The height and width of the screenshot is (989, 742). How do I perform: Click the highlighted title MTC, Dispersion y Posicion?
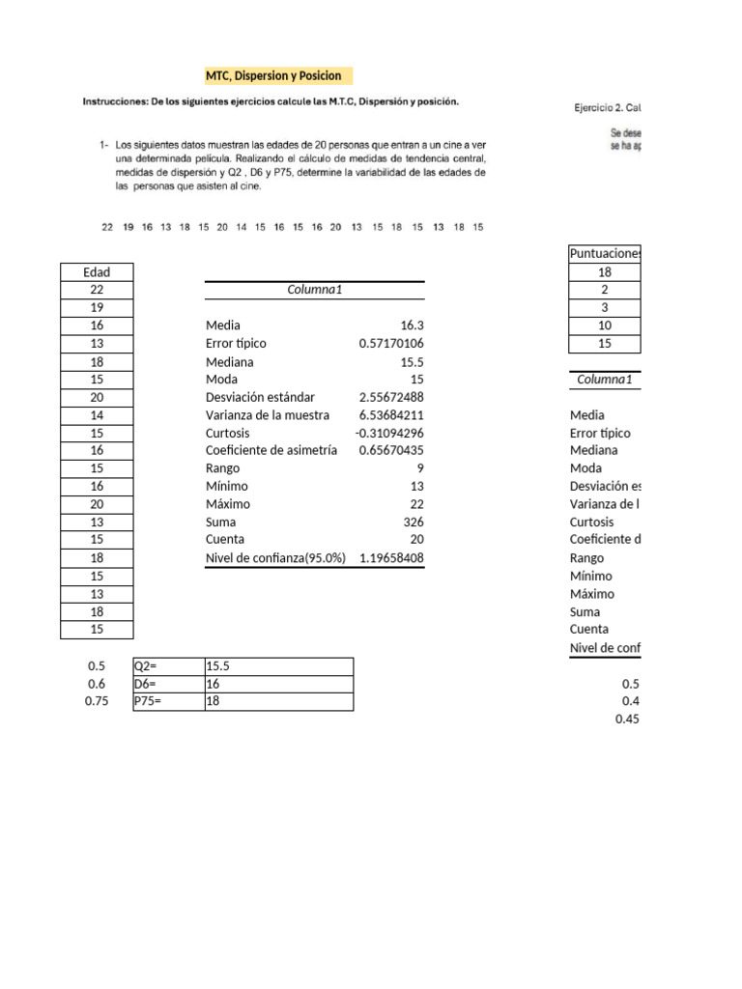pyautogui.click(x=272, y=75)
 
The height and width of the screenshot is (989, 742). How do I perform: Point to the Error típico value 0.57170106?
pyautogui.click(x=392, y=344)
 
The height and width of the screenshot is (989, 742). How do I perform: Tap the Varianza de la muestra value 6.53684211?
pyautogui.click(x=392, y=415)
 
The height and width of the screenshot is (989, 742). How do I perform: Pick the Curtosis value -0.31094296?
pyautogui.click(x=390, y=433)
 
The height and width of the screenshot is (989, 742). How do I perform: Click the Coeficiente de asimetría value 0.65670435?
pyautogui.click(x=392, y=451)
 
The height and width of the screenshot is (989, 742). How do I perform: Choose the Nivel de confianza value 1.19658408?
pyautogui.click(x=392, y=558)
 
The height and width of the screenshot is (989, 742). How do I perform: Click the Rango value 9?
pyautogui.click(x=420, y=468)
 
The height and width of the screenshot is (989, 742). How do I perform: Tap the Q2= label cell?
pyautogui.click(x=167, y=666)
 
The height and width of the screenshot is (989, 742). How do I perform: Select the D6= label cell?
pyautogui.click(x=167, y=684)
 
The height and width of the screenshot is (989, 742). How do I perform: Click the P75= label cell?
pyautogui.click(x=167, y=702)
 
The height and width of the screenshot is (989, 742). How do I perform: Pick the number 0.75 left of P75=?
pyautogui.click(x=98, y=702)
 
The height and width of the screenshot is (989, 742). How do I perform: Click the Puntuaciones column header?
pyautogui.click(x=605, y=254)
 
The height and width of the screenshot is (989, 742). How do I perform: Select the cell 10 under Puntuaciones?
pyautogui.click(x=605, y=325)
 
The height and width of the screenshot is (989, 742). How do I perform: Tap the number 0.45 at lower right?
pyautogui.click(x=626, y=719)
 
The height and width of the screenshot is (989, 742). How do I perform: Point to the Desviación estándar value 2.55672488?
pyautogui.click(x=392, y=397)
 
